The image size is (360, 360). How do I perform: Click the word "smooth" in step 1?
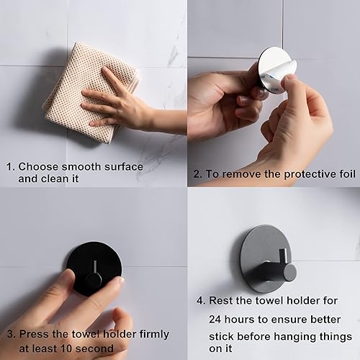pyautogui.click(x=81, y=166)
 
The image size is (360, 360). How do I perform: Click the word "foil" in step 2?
pyautogui.click(x=347, y=174)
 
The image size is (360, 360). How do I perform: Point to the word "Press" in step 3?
pyautogui.click(x=35, y=334)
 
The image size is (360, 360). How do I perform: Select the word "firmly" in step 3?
pyautogui.click(x=154, y=335)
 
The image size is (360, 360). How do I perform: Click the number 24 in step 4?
pyautogui.click(x=215, y=320)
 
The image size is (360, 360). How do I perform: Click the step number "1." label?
pyautogui.click(x=11, y=167)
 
